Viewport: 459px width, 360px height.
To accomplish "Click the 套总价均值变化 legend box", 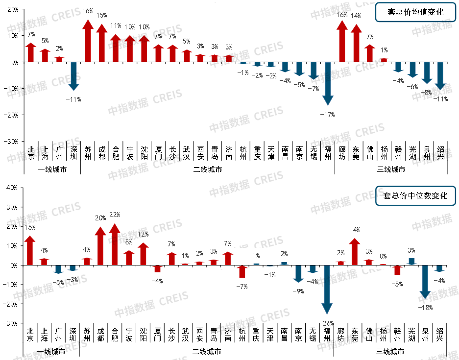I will point(415,12).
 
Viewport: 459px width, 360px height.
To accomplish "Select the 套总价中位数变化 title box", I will point(415,195).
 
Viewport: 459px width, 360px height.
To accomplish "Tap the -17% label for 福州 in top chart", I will point(327,115).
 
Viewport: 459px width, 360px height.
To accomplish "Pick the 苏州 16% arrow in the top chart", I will point(88,42).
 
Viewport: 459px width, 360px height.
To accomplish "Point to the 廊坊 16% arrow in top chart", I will point(342,42).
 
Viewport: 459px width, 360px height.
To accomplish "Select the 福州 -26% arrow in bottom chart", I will point(327,289).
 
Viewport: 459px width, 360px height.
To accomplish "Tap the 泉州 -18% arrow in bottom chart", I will point(425,281).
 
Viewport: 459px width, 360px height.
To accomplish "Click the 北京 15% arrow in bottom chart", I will point(30,250).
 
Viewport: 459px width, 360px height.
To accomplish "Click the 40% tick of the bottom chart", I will point(11,188).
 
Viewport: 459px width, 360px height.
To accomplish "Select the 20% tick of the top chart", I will point(12,9).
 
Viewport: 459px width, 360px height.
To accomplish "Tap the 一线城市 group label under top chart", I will point(52,170).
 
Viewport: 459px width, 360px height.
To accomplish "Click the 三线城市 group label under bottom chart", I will point(390,352).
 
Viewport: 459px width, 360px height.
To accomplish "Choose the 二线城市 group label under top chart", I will point(207,170).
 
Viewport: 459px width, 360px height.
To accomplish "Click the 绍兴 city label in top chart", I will point(440,153).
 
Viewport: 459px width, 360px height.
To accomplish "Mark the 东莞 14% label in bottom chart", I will point(355,230).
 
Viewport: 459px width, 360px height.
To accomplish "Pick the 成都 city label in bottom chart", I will point(101,334).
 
